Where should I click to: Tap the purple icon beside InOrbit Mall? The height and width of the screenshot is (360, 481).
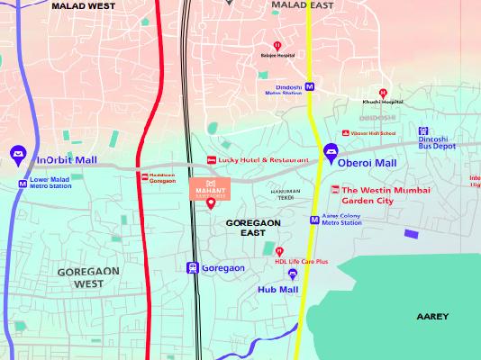[18, 156]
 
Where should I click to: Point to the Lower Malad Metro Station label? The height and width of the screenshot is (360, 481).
[50, 184]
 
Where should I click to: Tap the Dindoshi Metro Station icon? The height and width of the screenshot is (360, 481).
[310, 88]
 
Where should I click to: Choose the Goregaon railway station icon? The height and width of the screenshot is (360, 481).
[192, 268]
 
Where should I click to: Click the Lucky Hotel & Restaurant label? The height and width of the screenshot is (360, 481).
[263, 160]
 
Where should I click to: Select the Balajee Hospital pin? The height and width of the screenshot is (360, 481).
[277, 46]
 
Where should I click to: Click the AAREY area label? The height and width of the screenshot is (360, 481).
[431, 317]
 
